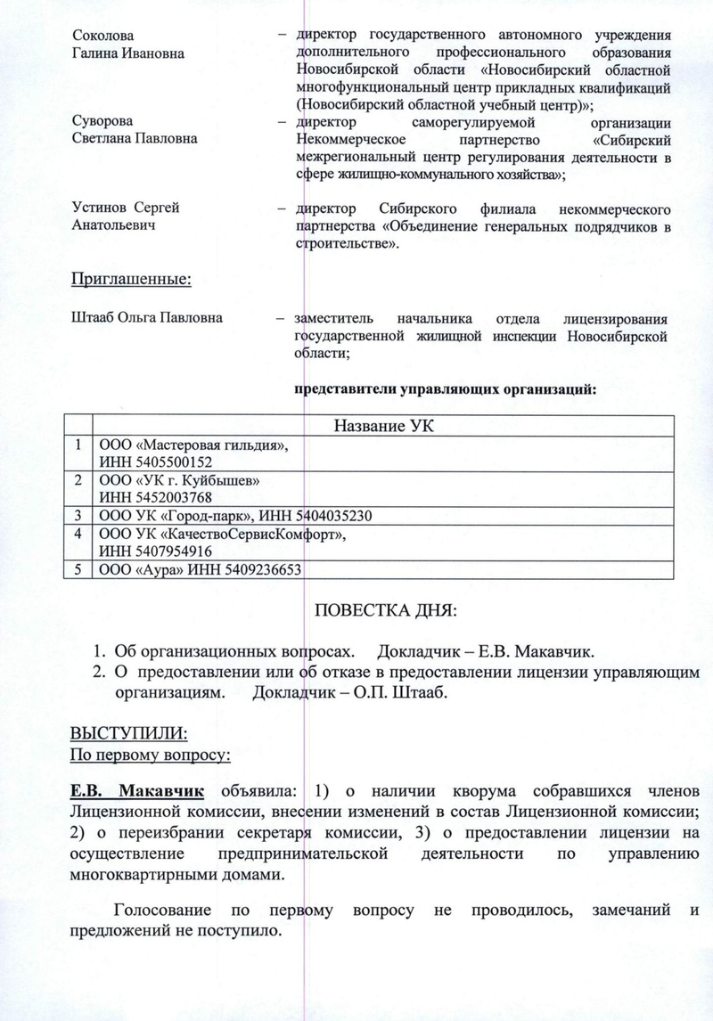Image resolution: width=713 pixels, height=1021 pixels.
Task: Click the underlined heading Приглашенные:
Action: coord(131,280)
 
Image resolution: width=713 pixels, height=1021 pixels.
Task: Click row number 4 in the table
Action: coord(79,534)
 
